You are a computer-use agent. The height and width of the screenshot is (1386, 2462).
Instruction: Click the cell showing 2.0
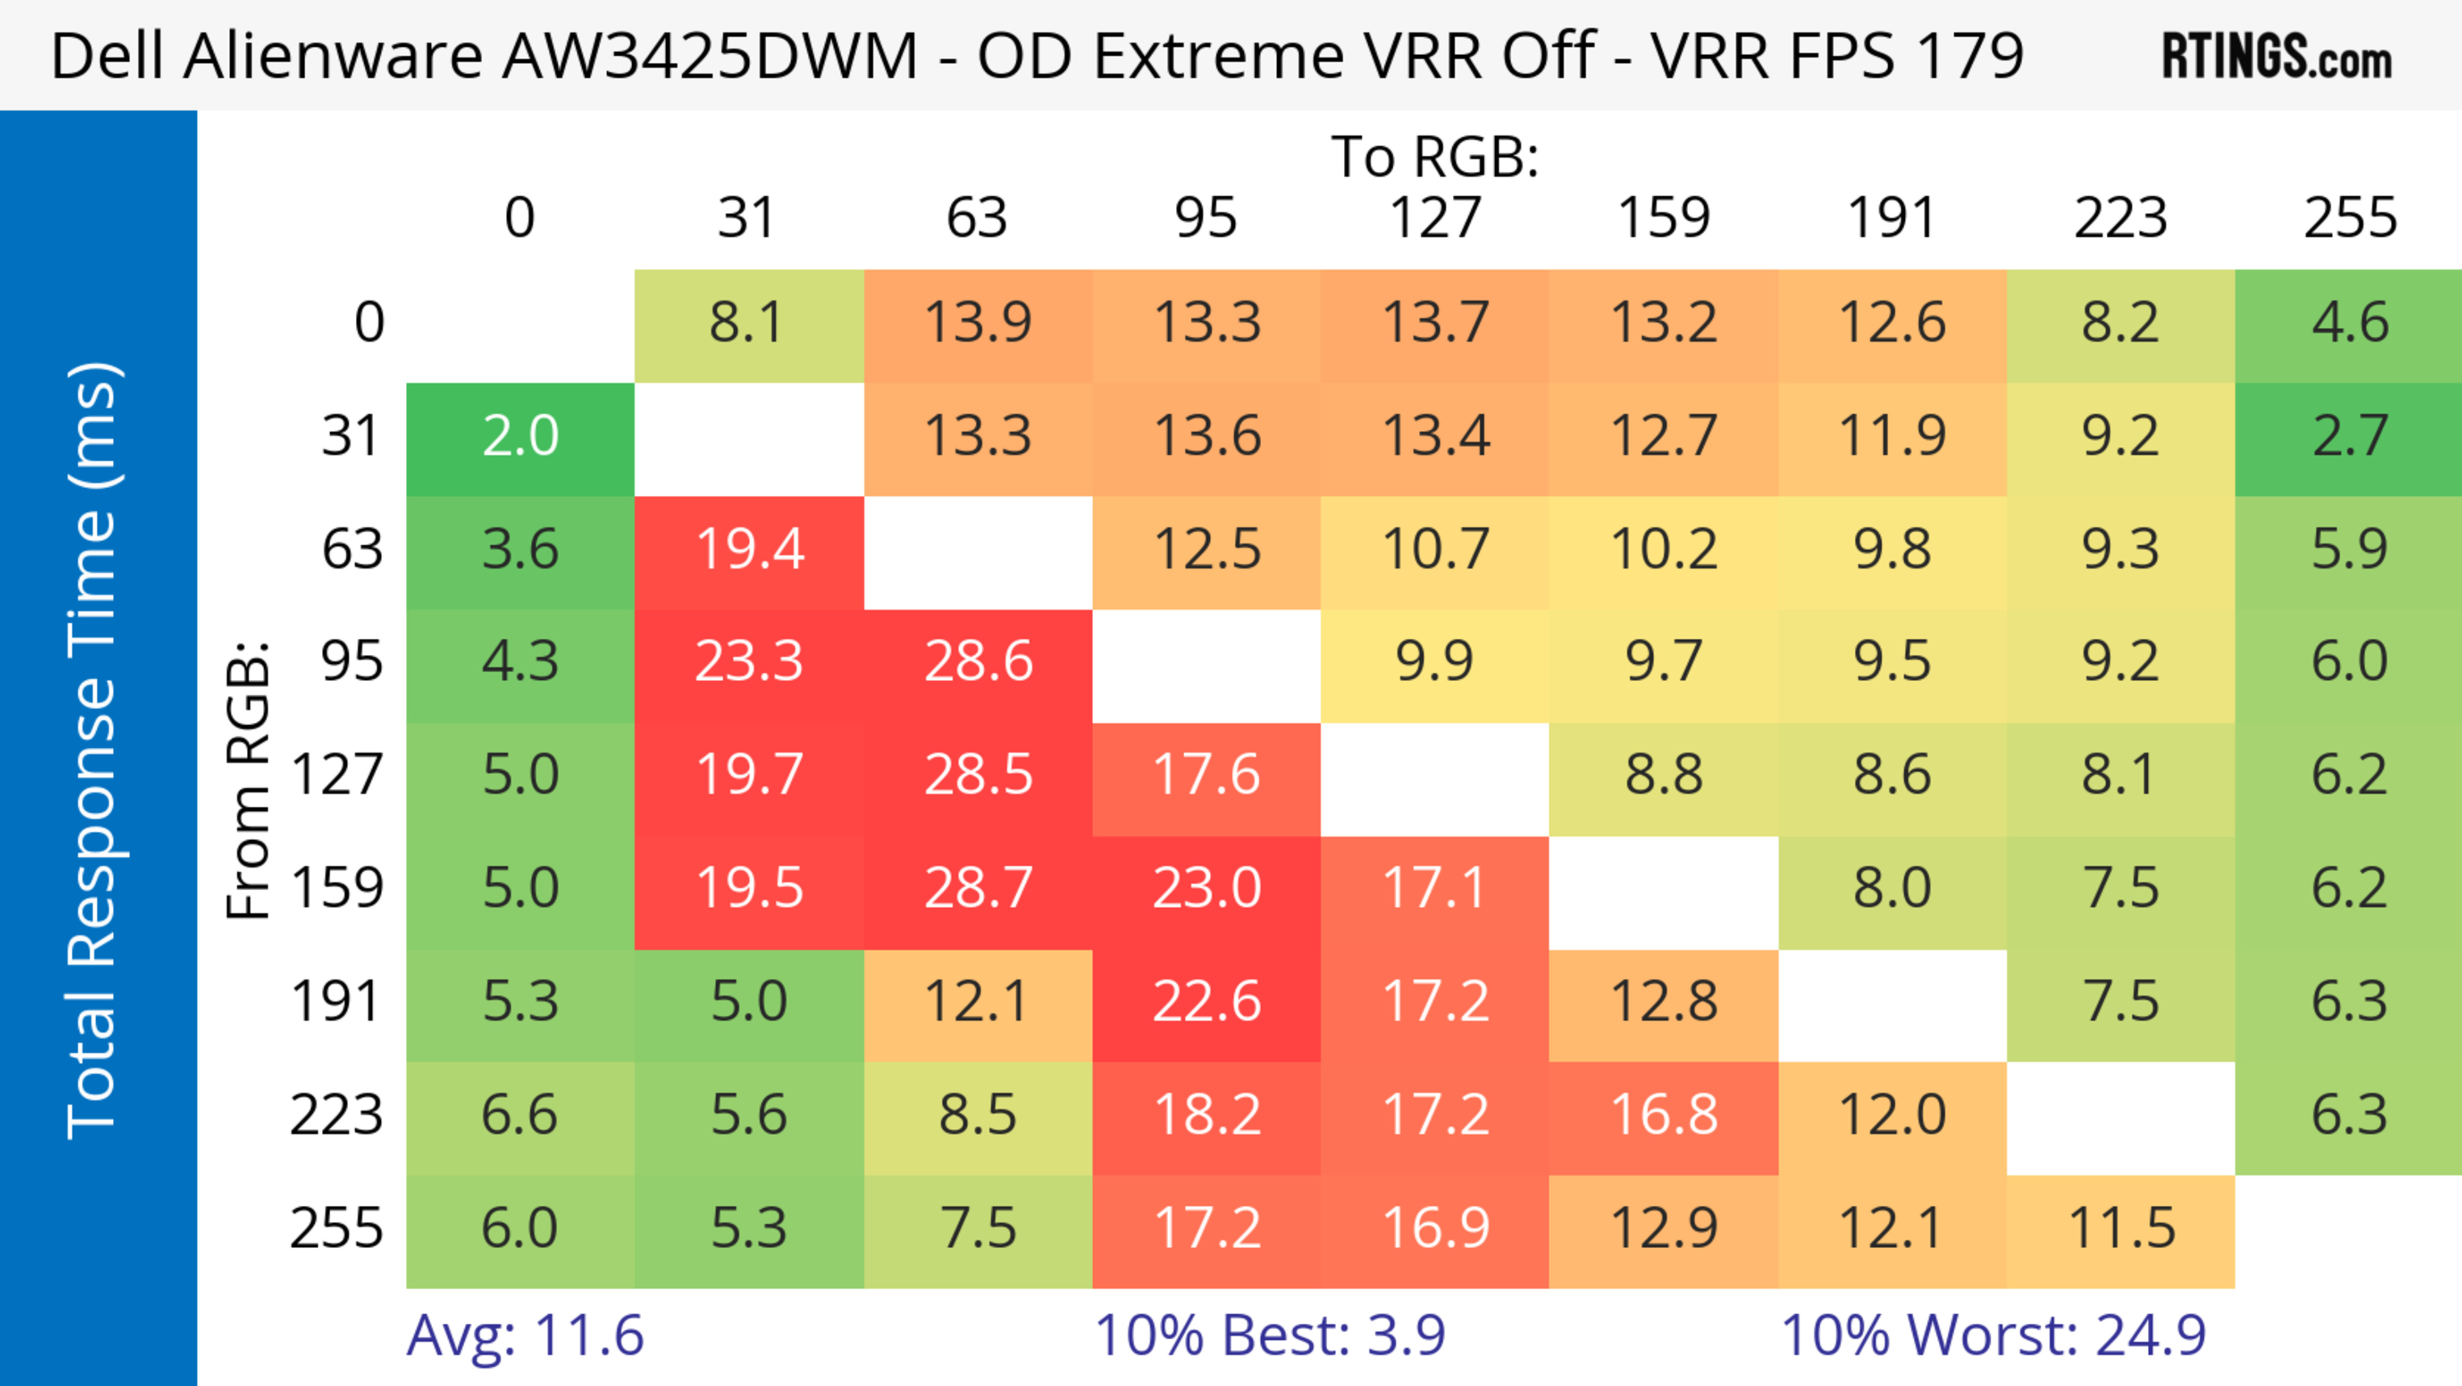pos(520,437)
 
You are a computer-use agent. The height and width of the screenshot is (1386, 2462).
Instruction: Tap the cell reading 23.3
pos(748,661)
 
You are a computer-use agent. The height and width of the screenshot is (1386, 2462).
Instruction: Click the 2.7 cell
pos(2349,437)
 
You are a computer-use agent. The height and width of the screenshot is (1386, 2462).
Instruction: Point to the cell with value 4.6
pos(2349,323)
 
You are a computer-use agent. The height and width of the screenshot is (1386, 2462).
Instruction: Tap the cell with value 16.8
pos(1663,1115)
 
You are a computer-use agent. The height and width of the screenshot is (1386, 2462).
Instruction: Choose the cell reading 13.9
pos(978,323)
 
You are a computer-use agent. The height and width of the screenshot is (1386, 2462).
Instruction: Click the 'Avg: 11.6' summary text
pos(524,1335)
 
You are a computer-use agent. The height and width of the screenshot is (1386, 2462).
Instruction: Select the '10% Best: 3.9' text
pos(1269,1335)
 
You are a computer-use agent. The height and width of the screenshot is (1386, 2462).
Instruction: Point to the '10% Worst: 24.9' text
pos(1993,1335)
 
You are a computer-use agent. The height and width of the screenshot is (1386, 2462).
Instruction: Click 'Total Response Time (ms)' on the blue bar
pos(94,750)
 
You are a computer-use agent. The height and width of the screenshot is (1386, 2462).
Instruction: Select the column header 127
pos(1435,218)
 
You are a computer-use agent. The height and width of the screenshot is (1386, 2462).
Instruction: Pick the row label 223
pos(337,1115)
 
